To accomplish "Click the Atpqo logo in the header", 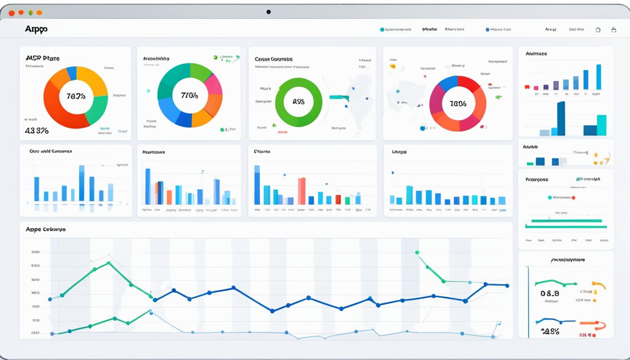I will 36,29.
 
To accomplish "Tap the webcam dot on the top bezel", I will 269,12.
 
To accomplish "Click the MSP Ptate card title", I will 43,59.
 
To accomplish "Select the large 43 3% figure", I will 37,131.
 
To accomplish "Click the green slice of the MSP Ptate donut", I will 97,110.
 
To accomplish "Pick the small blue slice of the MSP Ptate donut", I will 72,73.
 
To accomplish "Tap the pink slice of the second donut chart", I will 213,84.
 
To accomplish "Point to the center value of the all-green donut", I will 299,101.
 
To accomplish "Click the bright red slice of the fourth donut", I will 469,84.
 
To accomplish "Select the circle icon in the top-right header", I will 598,30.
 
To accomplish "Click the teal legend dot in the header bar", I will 382,30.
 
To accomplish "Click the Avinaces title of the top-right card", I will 536,54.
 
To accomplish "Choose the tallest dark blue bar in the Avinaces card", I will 561,118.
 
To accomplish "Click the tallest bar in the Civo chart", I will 82,183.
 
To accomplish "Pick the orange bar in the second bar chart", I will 169,197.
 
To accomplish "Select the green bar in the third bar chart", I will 347,201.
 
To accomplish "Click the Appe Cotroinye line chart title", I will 45,229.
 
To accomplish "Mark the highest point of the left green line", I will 109,263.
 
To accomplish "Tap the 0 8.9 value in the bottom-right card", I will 550,293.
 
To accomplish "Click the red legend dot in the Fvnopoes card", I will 573,198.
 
